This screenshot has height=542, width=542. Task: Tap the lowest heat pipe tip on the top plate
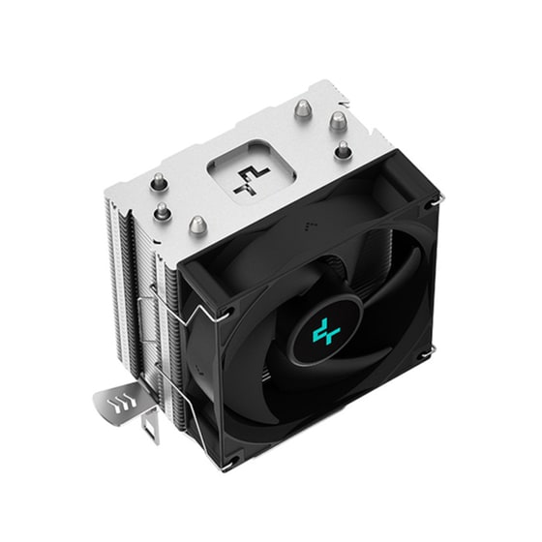(x=198, y=226)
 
